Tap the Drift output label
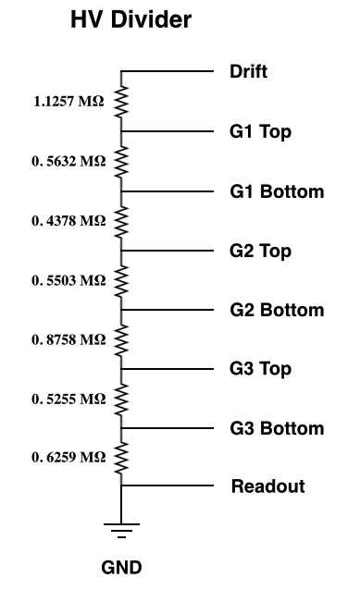[249, 71]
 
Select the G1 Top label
[260, 131]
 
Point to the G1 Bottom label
[277, 191]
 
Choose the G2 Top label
[260, 251]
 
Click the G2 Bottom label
[277, 310]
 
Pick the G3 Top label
[260, 369]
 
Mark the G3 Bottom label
[277, 428]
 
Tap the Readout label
[267, 486]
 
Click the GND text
[121, 567]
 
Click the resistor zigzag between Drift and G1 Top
[121, 102]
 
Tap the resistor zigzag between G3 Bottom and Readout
[121, 457]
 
